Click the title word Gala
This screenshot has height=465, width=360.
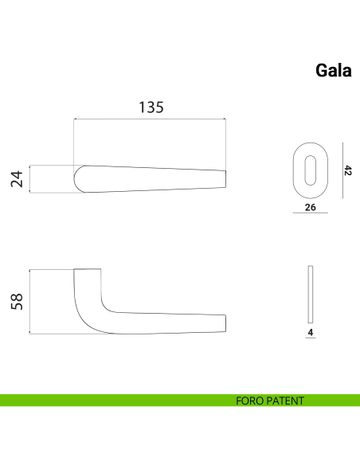[x=334, y=70]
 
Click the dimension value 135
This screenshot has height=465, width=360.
[x=151, y=107]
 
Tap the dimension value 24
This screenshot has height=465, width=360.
[x=16, y=180]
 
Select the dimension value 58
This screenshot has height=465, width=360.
[x=16, y=301]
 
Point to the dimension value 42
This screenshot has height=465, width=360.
[x=348, y=170]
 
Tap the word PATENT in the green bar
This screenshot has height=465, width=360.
[x=286, y=401]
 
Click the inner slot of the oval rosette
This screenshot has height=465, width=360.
[x=309, y=170]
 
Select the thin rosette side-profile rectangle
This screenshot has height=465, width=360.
[x=310, y=302]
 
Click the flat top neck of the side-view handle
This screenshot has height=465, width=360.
[x=88, y=272]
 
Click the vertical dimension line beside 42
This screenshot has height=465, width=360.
[x=341, y=170]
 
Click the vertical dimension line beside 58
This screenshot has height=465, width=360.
[x=29, y=302]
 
